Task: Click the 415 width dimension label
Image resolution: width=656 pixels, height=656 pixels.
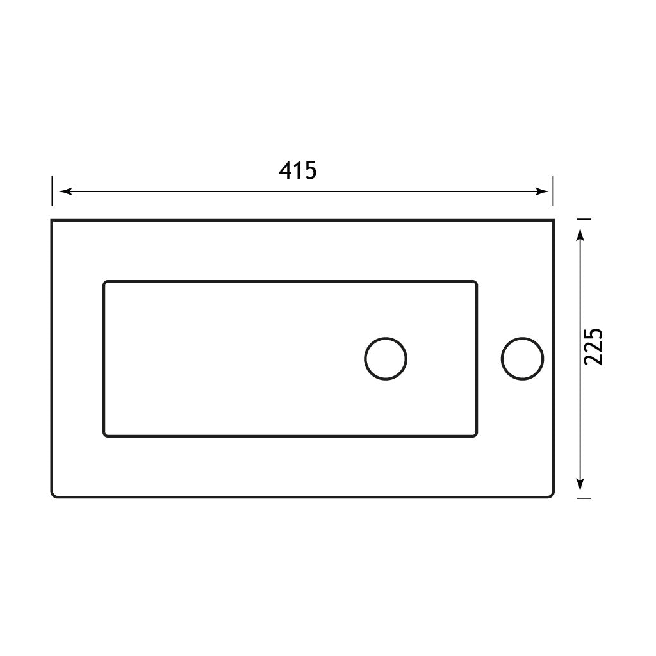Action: click(298, 170)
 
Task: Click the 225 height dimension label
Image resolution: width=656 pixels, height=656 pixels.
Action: click(594, 347)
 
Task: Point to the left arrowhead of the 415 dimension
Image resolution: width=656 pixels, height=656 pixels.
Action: click(64, 192)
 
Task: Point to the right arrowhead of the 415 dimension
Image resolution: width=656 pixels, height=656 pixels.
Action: click(543, 192)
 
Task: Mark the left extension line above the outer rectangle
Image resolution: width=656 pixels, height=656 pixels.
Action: click(52, 192)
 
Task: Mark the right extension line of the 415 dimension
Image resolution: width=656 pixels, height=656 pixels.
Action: click(553, 192)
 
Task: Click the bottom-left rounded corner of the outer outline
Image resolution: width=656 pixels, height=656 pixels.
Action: click(54, 495)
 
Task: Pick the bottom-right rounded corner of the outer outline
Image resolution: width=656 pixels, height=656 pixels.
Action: click(550, 495)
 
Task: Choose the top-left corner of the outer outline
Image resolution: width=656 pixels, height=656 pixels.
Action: click(53, 221)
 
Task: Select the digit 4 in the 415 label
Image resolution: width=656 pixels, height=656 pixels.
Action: click(286, 170)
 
